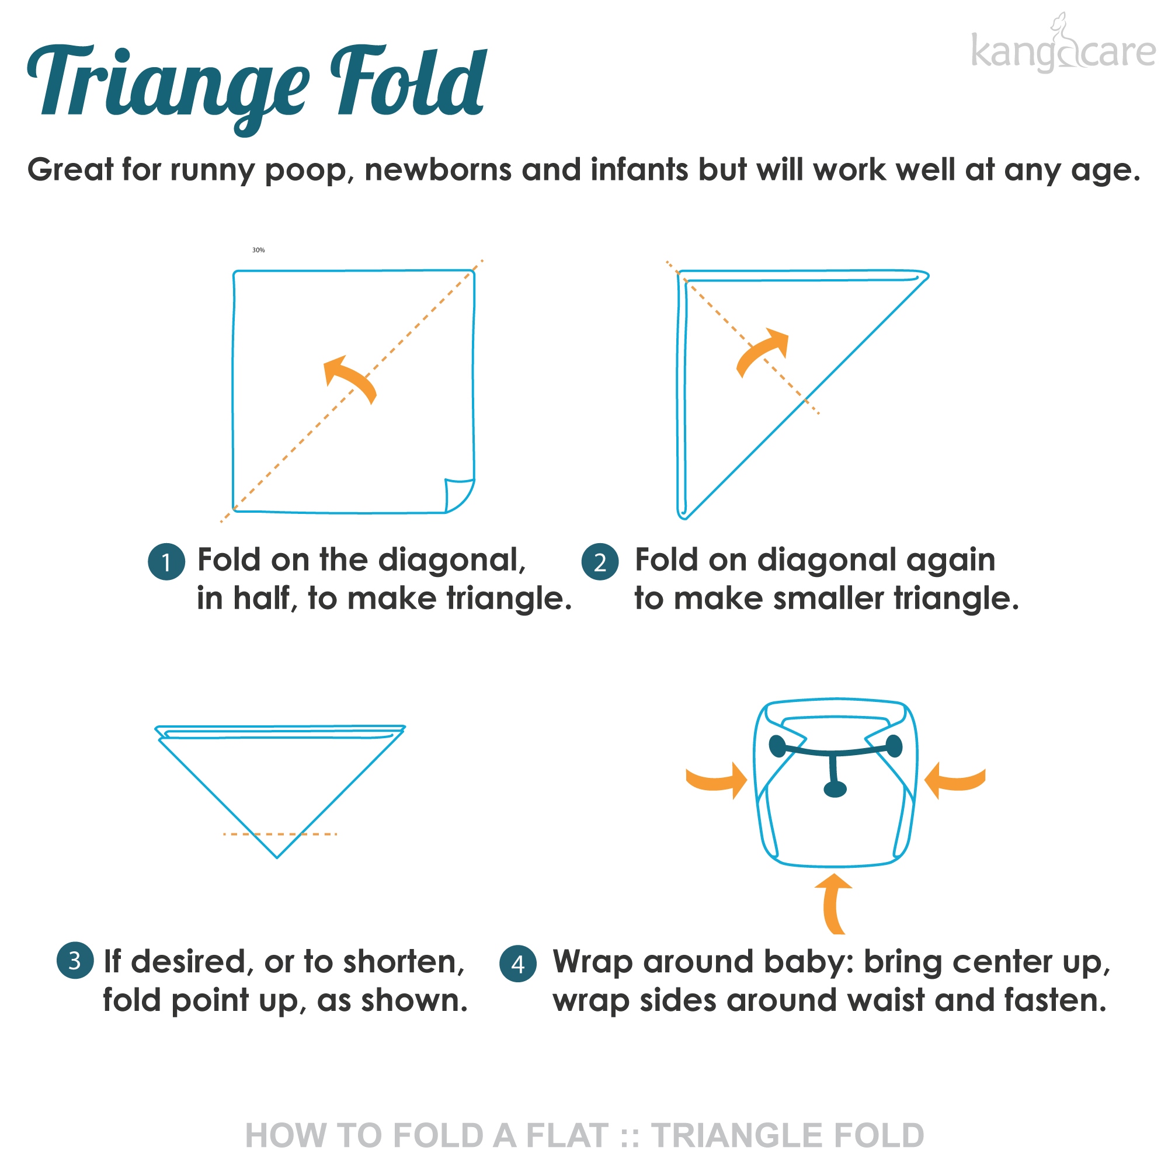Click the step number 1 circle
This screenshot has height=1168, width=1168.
point(166,562)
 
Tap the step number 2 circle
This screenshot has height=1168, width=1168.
point(600,562)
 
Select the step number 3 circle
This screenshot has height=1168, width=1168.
point(75,960)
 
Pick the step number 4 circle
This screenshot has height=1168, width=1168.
point(518,963)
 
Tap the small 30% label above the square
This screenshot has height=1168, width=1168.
point(258,250)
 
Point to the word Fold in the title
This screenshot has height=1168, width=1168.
point(408,82)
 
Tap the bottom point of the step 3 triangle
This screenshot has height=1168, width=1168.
point(277,857)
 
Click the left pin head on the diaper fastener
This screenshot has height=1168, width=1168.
point(777,746)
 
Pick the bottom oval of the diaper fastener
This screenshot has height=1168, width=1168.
point(835,789)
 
